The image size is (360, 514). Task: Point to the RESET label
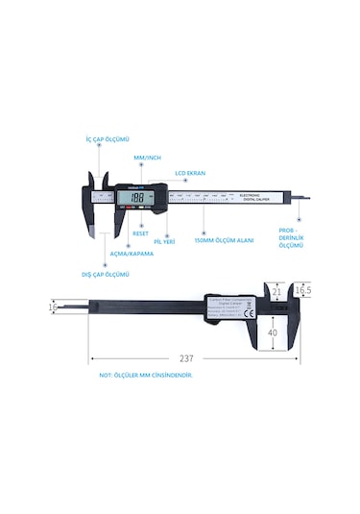click(x=138, y=232)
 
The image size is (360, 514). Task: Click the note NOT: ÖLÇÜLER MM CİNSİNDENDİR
click(x=146, y=377)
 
